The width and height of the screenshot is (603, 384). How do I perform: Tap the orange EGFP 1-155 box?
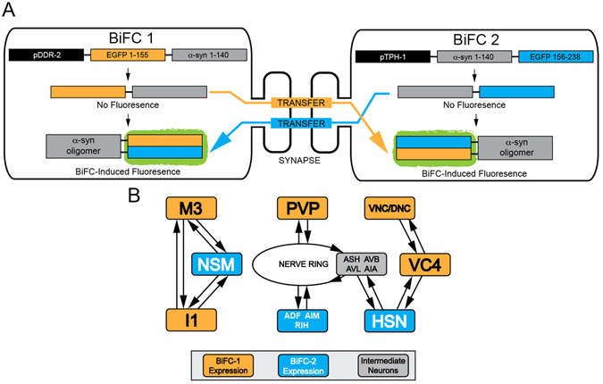[x=121, y=55]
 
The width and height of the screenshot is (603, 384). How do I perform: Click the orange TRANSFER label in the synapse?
[x=301, y=102]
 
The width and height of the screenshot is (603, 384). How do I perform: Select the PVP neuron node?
[x=301, y=210]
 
